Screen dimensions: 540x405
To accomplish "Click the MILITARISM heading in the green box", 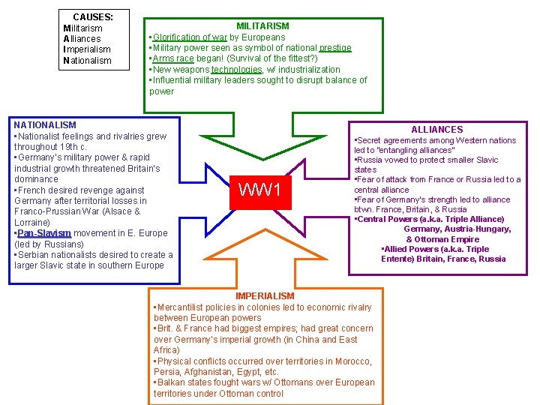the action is point(262,26).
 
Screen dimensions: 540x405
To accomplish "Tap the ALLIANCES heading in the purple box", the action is point(437,130).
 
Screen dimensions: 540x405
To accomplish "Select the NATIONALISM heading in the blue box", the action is point(45,124).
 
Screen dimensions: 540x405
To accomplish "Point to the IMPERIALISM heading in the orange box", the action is point(265,296).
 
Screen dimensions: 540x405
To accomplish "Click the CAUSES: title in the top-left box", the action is point(93,17).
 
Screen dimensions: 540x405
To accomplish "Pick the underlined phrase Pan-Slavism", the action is point(43,233).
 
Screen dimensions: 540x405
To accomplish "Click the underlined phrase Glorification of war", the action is point(190,37).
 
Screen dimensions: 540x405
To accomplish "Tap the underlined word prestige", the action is point(334,48).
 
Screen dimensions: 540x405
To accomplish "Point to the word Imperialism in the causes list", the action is point(87,49).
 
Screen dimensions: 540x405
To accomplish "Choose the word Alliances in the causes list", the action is point(82,39).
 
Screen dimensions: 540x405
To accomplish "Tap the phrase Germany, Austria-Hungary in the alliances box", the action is point(457,229).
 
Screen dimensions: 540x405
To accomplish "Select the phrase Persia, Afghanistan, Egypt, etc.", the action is point(216,372).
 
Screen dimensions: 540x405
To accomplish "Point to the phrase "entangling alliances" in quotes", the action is point(412,150).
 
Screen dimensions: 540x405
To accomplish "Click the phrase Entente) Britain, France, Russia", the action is point(443,259).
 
